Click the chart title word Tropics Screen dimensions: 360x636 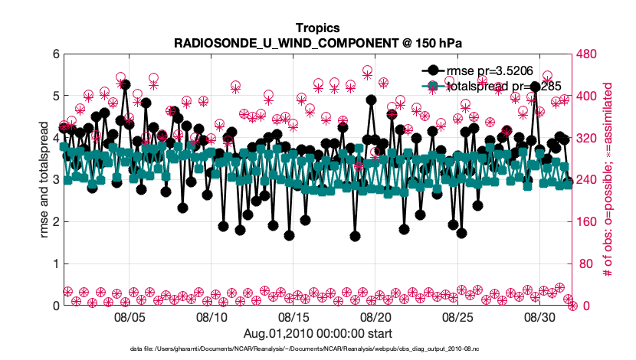(x=317, y=28)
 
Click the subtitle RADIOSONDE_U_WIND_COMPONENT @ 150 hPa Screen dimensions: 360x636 (x=317, y=43)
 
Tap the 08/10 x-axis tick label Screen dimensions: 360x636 (x=211, y=316)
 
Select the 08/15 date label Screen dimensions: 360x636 (x=293, y=316)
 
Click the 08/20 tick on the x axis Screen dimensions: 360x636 (x=375, y=316)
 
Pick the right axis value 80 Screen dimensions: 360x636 (x=587, y=263)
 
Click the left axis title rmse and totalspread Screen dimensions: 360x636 (x=44, y=180)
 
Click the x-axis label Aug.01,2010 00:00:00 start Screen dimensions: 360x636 (x=317, y=333)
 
